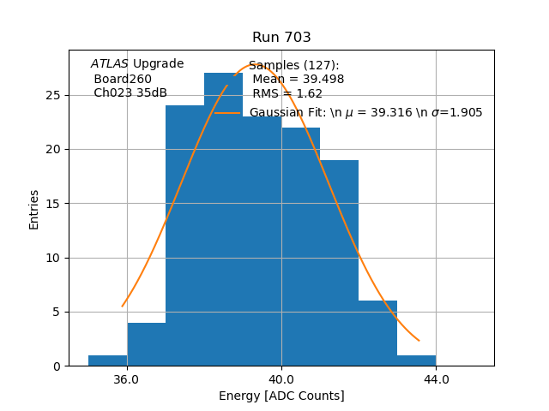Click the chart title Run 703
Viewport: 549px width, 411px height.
[281, 38]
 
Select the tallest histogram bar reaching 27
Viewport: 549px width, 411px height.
[223, 214]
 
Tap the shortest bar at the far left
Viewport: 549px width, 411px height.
[107, 360]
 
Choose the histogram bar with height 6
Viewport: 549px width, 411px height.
[377, 334]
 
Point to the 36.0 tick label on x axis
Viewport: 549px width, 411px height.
[126, 380]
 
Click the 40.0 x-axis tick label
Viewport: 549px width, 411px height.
[281, 380]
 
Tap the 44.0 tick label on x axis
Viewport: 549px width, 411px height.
[436, 380]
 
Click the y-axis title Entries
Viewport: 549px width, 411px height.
[34, 209]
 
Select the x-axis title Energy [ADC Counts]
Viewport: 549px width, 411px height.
[281, 396]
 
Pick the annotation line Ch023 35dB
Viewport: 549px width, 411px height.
[130, 93]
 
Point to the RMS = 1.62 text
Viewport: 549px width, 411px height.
[287, 94]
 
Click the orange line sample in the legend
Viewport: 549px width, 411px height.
[227, 112]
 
